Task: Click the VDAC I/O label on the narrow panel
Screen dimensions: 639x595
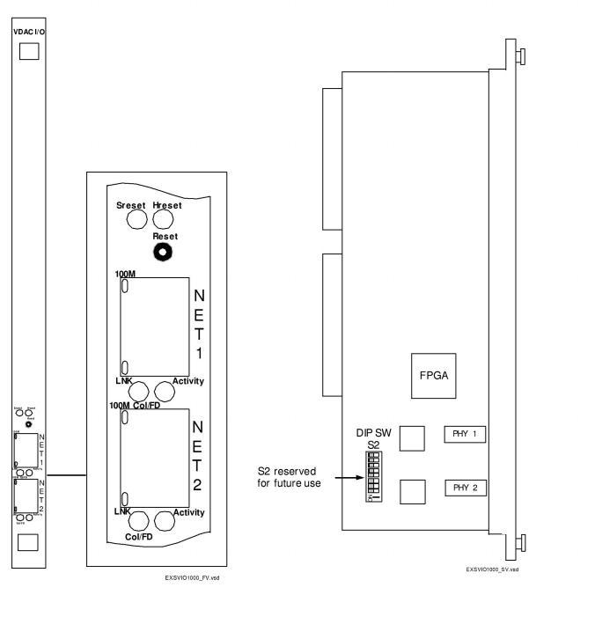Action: coord(28,31)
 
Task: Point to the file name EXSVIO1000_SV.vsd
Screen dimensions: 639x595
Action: coord(492,569)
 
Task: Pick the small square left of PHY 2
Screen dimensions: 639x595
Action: coord(411,491)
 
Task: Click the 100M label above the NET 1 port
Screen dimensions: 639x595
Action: coord(125,275)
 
